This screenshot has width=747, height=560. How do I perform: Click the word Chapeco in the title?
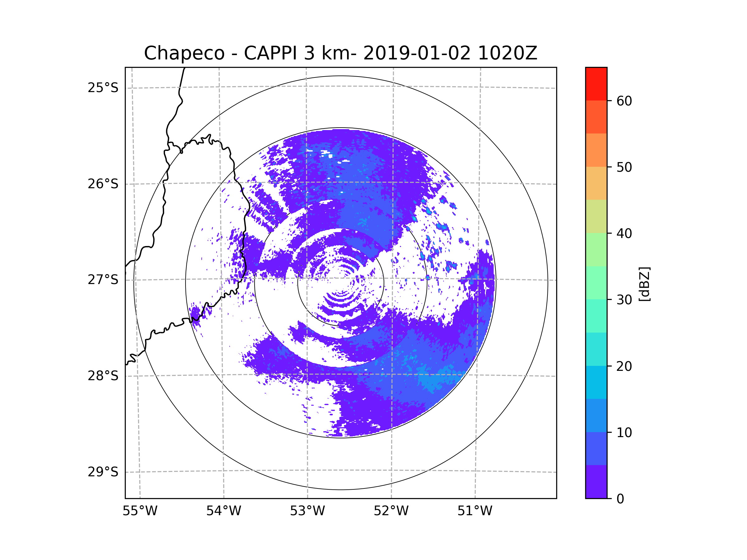point(184,53)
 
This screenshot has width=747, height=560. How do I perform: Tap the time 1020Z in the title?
point(507,53)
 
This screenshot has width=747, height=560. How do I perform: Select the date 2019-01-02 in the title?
point(417,53)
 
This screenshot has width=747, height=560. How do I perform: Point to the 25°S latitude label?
point(103,88)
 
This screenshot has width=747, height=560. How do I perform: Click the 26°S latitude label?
point(103,184)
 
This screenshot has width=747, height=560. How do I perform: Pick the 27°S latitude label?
point(103,280)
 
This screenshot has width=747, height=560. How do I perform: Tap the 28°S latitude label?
point(103,376)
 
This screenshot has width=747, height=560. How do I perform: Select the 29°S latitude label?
point(103,472)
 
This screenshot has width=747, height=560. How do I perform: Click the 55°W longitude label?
point(140,511)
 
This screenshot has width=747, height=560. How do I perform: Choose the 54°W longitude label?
point(223,511)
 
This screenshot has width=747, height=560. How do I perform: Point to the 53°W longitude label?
point(307,511)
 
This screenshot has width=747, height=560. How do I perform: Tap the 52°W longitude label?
point(391,511)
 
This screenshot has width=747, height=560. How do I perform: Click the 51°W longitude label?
point(475,511)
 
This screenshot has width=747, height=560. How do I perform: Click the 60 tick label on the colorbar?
point(624,101)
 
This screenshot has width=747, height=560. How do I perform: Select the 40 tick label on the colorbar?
point(624,234)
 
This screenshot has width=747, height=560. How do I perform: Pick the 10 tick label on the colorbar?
point(624,432)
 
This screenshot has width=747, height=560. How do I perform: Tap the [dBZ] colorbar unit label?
point(644,284)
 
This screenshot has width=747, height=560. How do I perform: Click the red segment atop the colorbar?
point(596,84)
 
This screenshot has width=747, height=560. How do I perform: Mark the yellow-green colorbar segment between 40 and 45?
point(596,216)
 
